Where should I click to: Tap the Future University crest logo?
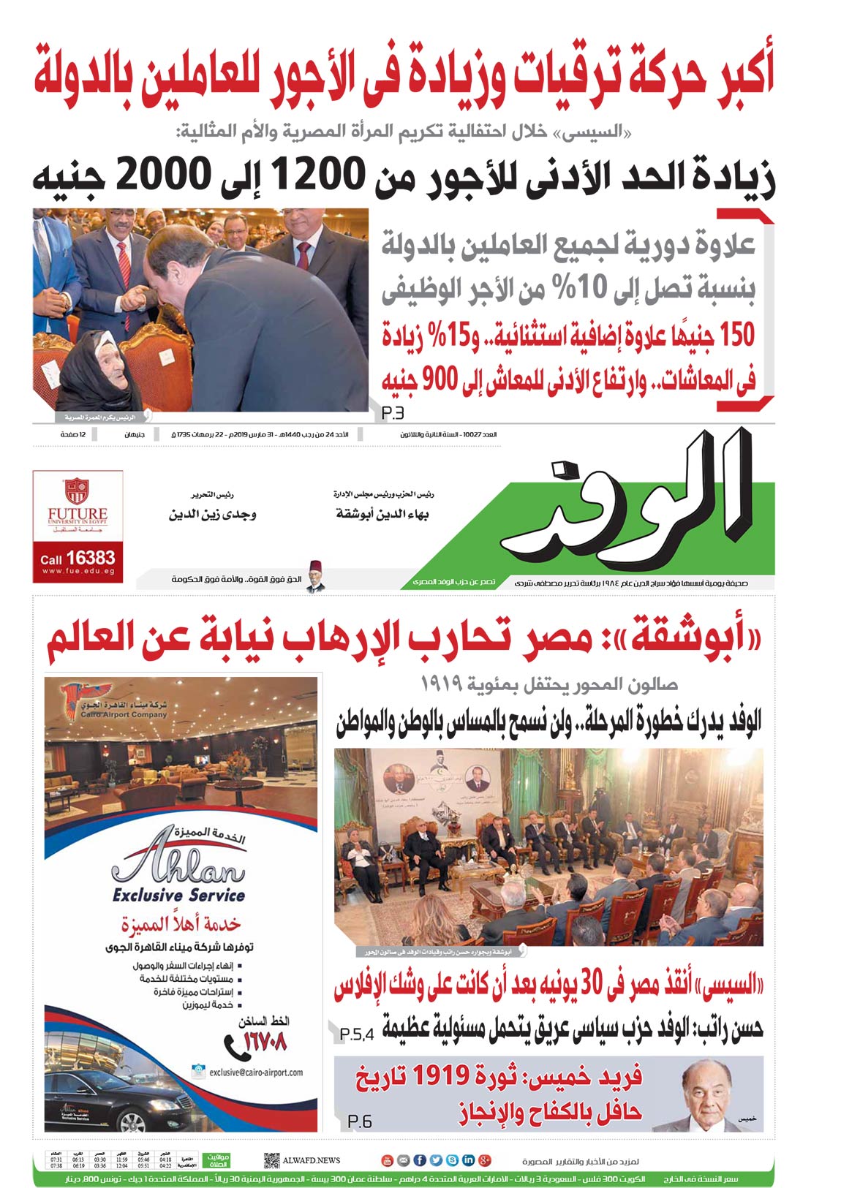coord(77,491)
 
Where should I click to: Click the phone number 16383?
coord(91,558)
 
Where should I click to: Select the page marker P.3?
coord(393,413)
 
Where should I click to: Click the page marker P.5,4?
coord(357,1034)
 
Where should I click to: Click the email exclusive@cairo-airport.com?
coord(256,1072)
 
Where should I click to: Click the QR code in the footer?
coord(271,1160)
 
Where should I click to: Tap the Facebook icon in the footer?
coord(420,1160)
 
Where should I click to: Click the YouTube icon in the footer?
coord(388,1160)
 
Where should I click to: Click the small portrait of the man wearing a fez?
coord(315,576)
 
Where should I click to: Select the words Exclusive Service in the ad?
coord(178,895)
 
